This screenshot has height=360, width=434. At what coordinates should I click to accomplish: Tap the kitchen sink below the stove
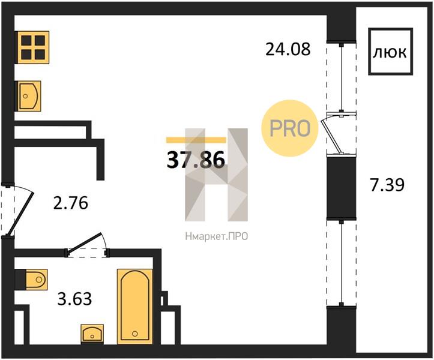pos(28,96)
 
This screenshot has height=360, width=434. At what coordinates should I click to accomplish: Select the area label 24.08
pos(288,49)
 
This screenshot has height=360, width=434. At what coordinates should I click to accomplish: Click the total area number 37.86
pos(196,160)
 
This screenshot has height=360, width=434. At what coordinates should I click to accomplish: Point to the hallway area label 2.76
pos(71,203)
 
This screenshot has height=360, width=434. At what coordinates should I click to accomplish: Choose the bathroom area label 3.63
pos(74,299)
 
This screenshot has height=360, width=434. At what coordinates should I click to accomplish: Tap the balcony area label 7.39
pos(387,185)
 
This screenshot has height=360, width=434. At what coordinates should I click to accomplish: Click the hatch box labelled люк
pos(390,52)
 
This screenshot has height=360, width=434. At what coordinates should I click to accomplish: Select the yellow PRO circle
pos(290,128)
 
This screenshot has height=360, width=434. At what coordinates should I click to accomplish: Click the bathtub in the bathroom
pos(135,307)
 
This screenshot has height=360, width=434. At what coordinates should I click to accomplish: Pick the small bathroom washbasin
pos(92,334)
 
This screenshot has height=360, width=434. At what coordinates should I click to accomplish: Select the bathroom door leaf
pos(85,242)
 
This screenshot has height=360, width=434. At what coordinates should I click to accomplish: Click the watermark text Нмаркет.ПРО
pos(216,236)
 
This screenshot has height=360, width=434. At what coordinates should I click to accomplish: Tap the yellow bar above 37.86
pos(196,140)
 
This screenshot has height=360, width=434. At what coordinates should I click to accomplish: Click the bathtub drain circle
pos(135,334)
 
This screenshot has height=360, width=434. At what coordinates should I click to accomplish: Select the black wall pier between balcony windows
pos(342,188)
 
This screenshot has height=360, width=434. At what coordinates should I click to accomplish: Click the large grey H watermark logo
pos(216,175)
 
